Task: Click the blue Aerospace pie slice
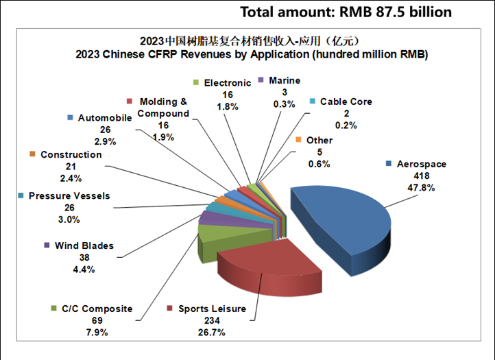pos(343,213)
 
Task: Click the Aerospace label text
pos(422,164)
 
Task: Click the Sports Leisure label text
pos(213,309)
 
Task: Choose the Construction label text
pos(71,155)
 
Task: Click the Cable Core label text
pos(346,101)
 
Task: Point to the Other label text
pos(319,140)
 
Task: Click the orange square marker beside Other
pos(299,140)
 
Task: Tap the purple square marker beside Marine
pos(261,81)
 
